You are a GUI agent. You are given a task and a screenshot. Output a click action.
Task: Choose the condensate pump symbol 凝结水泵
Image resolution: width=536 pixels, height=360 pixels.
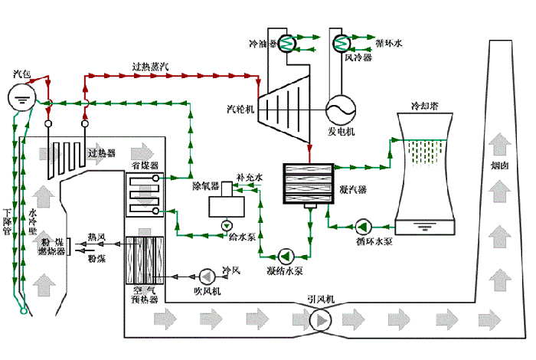point(286,255)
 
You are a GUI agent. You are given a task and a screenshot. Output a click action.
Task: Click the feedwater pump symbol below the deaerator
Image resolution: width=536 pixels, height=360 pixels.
point(227,225)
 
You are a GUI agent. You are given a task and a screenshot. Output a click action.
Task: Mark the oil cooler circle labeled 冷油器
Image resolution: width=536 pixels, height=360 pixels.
point(289,44)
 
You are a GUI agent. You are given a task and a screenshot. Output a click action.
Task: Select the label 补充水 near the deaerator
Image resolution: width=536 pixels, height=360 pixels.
point(250,177)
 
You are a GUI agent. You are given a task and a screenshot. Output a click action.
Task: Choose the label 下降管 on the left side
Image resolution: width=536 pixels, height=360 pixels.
point(8,221)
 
